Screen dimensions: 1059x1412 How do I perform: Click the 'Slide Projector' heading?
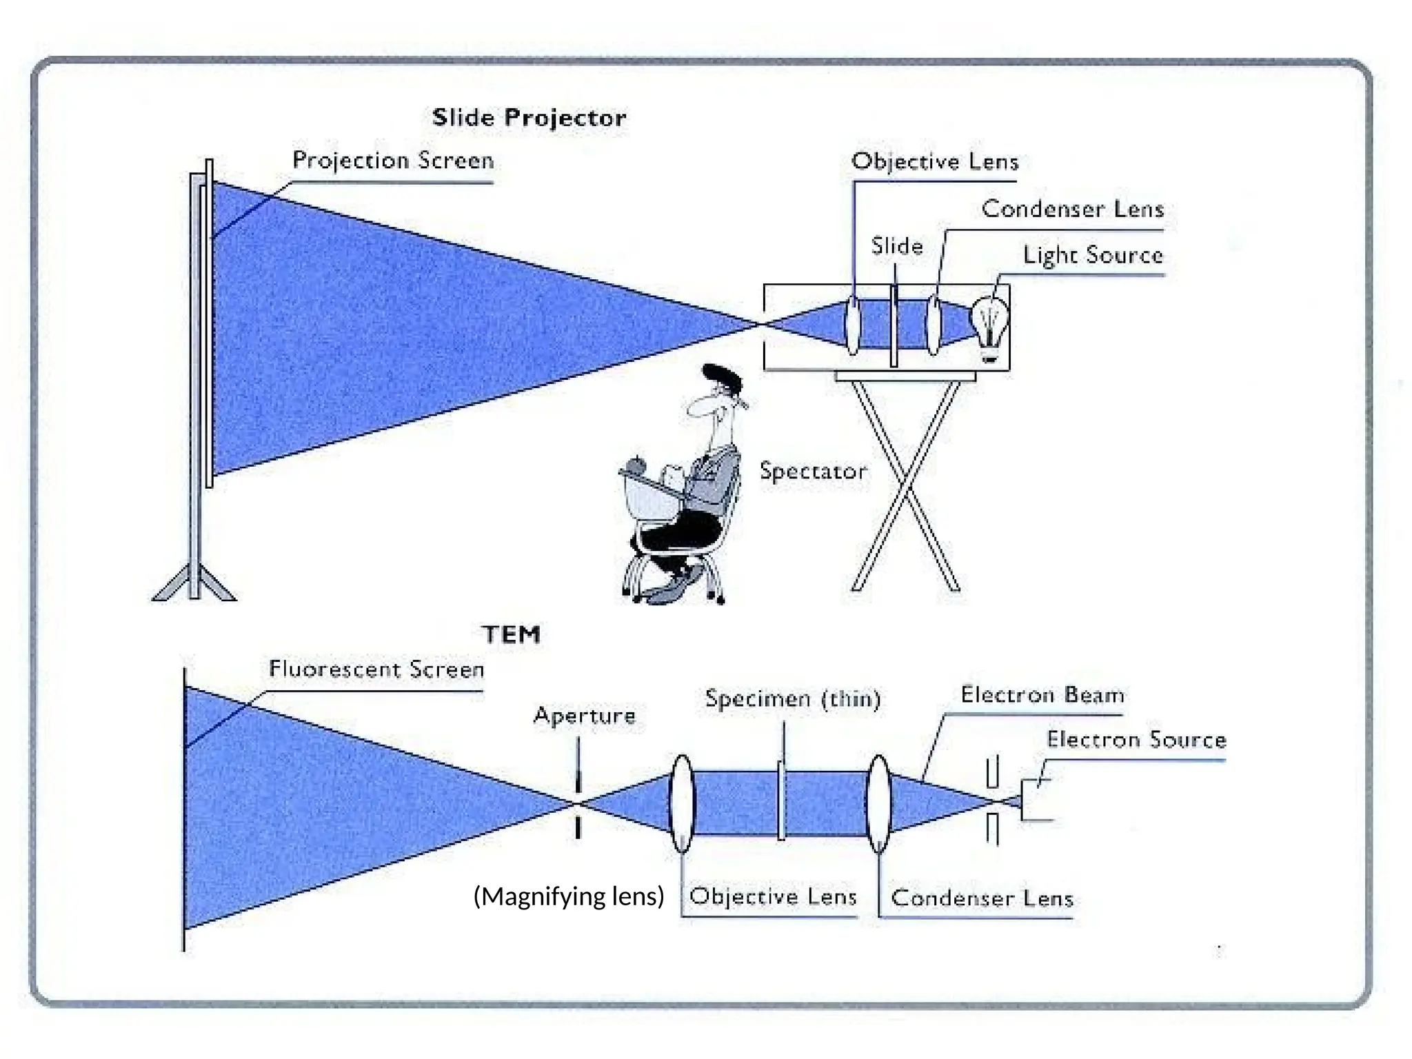(529, 118)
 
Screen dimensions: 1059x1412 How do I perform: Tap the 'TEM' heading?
(511, 634)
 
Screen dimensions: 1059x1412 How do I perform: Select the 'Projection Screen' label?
(393, 161)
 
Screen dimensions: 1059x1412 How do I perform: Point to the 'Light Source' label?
(1093, 256)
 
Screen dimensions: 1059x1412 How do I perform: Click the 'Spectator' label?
(813, 472)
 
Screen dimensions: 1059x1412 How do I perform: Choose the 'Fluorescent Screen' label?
(376, 669)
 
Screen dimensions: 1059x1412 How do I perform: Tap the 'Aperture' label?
(585, 716)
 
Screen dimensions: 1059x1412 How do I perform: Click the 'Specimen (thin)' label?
(793, 699)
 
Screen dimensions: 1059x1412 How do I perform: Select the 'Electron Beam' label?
(1042, 695)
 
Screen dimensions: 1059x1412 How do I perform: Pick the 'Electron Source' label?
(1136, 740)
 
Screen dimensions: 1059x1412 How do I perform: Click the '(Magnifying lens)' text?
(569, 896)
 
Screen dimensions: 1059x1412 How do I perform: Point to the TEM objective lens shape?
(682, 803)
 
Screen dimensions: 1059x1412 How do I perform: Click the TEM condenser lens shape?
(878, 803)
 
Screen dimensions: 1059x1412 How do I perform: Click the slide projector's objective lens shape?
(854, 325)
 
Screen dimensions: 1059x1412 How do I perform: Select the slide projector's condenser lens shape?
(934, 324)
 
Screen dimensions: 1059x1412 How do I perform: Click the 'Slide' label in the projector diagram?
(896, 246)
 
